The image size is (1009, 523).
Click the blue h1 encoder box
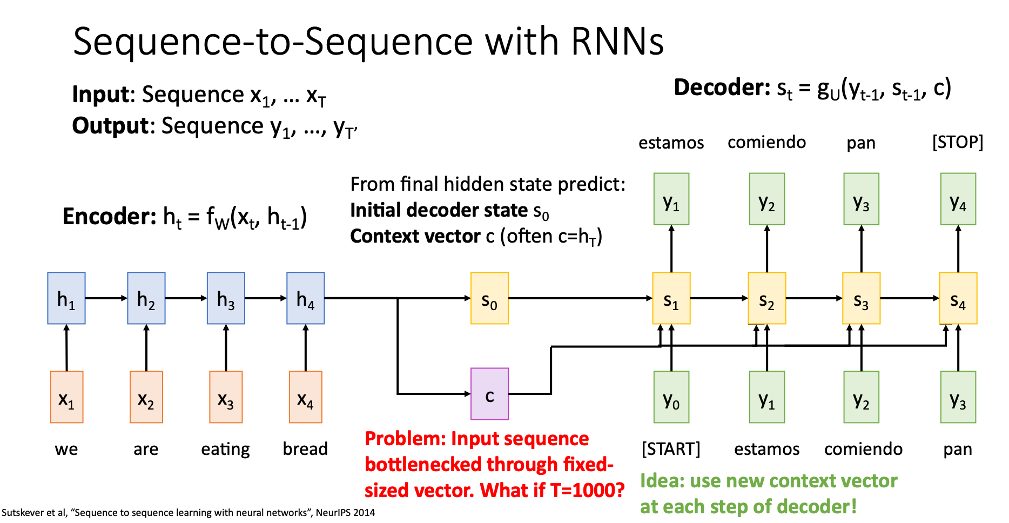point(66,298)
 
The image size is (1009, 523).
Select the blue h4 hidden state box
point(306,298)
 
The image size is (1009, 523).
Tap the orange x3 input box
point(226,397)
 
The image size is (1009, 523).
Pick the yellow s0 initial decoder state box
point(489,298)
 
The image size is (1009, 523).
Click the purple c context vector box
point(489,394)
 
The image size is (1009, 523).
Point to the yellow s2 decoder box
point(766,298)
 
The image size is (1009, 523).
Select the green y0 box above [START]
point(671,397)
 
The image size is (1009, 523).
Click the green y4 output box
point(958,199)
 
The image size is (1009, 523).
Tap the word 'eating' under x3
point(225,449)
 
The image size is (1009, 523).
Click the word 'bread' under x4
point(305,449)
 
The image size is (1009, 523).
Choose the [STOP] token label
point(957,142)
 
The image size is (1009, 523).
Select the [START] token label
point(671,449)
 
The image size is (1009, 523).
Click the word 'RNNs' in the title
point(617,42)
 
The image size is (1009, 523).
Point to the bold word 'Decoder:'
point(722,88)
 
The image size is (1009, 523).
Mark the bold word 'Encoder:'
point(110,216)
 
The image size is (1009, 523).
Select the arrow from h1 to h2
point(106,298)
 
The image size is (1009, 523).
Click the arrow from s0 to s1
point(580,298)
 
